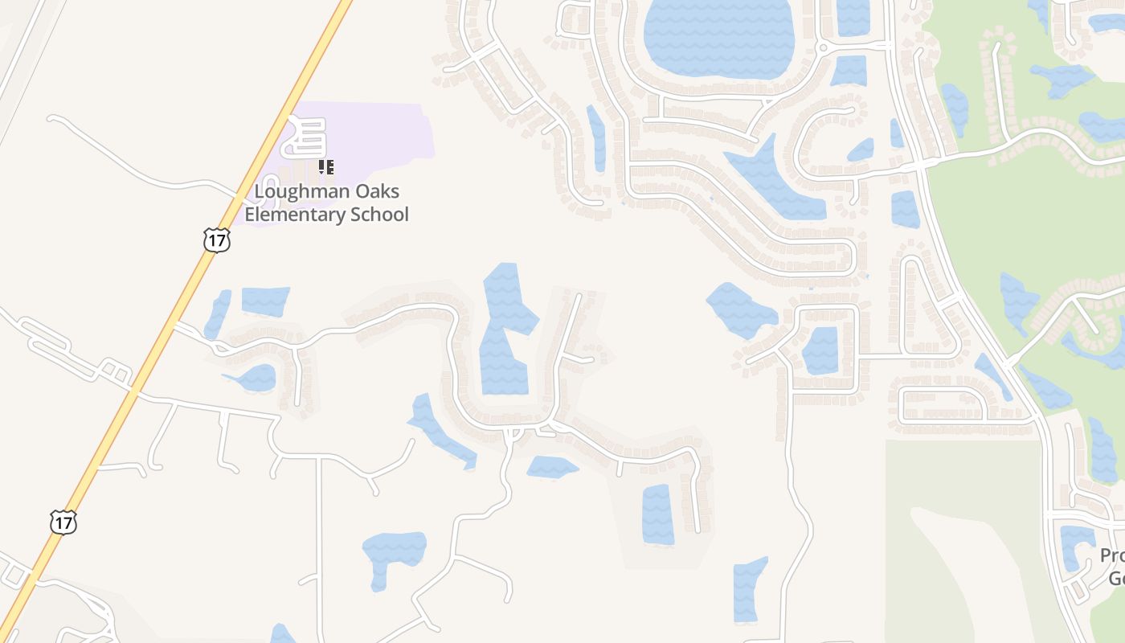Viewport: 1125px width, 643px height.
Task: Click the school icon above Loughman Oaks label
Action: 325,167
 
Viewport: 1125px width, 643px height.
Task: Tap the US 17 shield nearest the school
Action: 216,240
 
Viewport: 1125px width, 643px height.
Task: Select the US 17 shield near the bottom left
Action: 63,522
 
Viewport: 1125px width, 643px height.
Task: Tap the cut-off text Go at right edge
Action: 1116,578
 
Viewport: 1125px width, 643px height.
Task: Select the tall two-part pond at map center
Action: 505,330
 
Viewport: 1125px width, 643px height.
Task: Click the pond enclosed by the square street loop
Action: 820,350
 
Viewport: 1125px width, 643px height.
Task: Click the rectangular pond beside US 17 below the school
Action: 265,301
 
